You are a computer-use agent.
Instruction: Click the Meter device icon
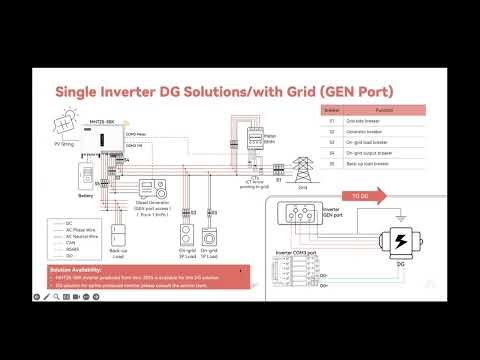click(241, 141)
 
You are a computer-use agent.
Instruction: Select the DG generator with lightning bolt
click(399, 246)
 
